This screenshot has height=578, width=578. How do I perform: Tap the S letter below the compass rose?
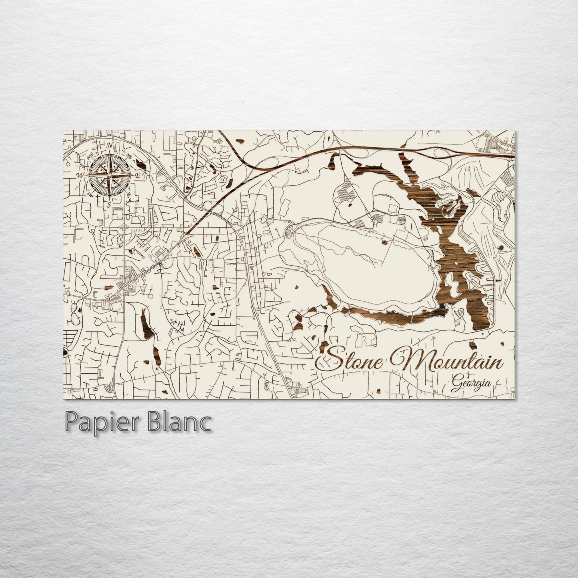108,204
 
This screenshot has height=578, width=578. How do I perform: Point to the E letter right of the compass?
137,175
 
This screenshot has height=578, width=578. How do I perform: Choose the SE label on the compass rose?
129,195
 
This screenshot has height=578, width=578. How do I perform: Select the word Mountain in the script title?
448,360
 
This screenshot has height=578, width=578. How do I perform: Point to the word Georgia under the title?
472,383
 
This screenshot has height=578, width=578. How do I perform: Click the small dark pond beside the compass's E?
140,164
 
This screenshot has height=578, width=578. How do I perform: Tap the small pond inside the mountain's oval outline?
384,241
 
